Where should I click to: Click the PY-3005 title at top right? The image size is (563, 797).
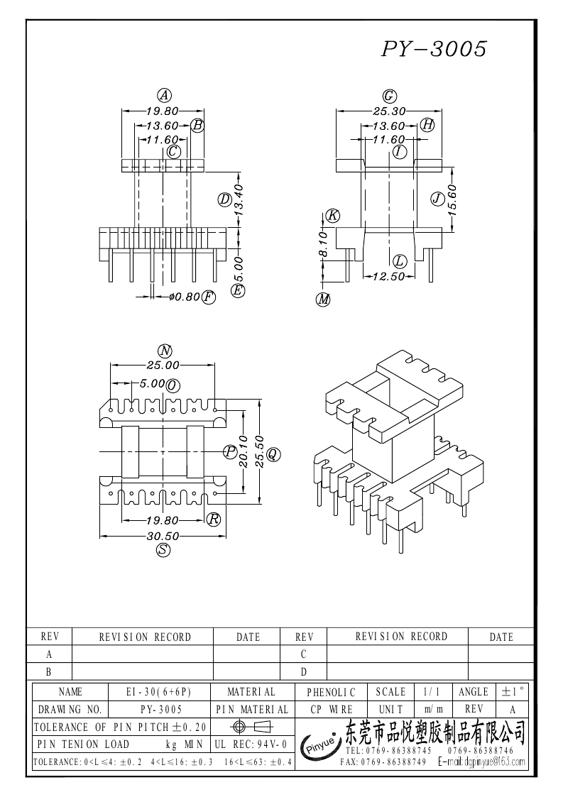click(x=434, y=49)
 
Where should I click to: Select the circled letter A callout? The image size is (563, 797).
click(x=164, y=95)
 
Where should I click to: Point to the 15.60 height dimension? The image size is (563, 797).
click(x=452, y=198)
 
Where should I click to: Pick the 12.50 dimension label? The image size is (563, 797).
click(x=388, y=276)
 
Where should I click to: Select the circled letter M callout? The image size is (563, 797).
click(x=324, y=299)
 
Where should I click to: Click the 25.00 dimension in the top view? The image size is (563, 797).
click(x=163, y=365)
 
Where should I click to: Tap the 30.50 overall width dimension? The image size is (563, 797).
click(x=163, y=537)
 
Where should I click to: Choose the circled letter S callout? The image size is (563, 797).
click(x=163, y=551)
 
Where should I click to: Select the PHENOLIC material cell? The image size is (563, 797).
click(x=331, y=691)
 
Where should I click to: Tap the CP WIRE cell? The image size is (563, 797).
click(x=331, y=709)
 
